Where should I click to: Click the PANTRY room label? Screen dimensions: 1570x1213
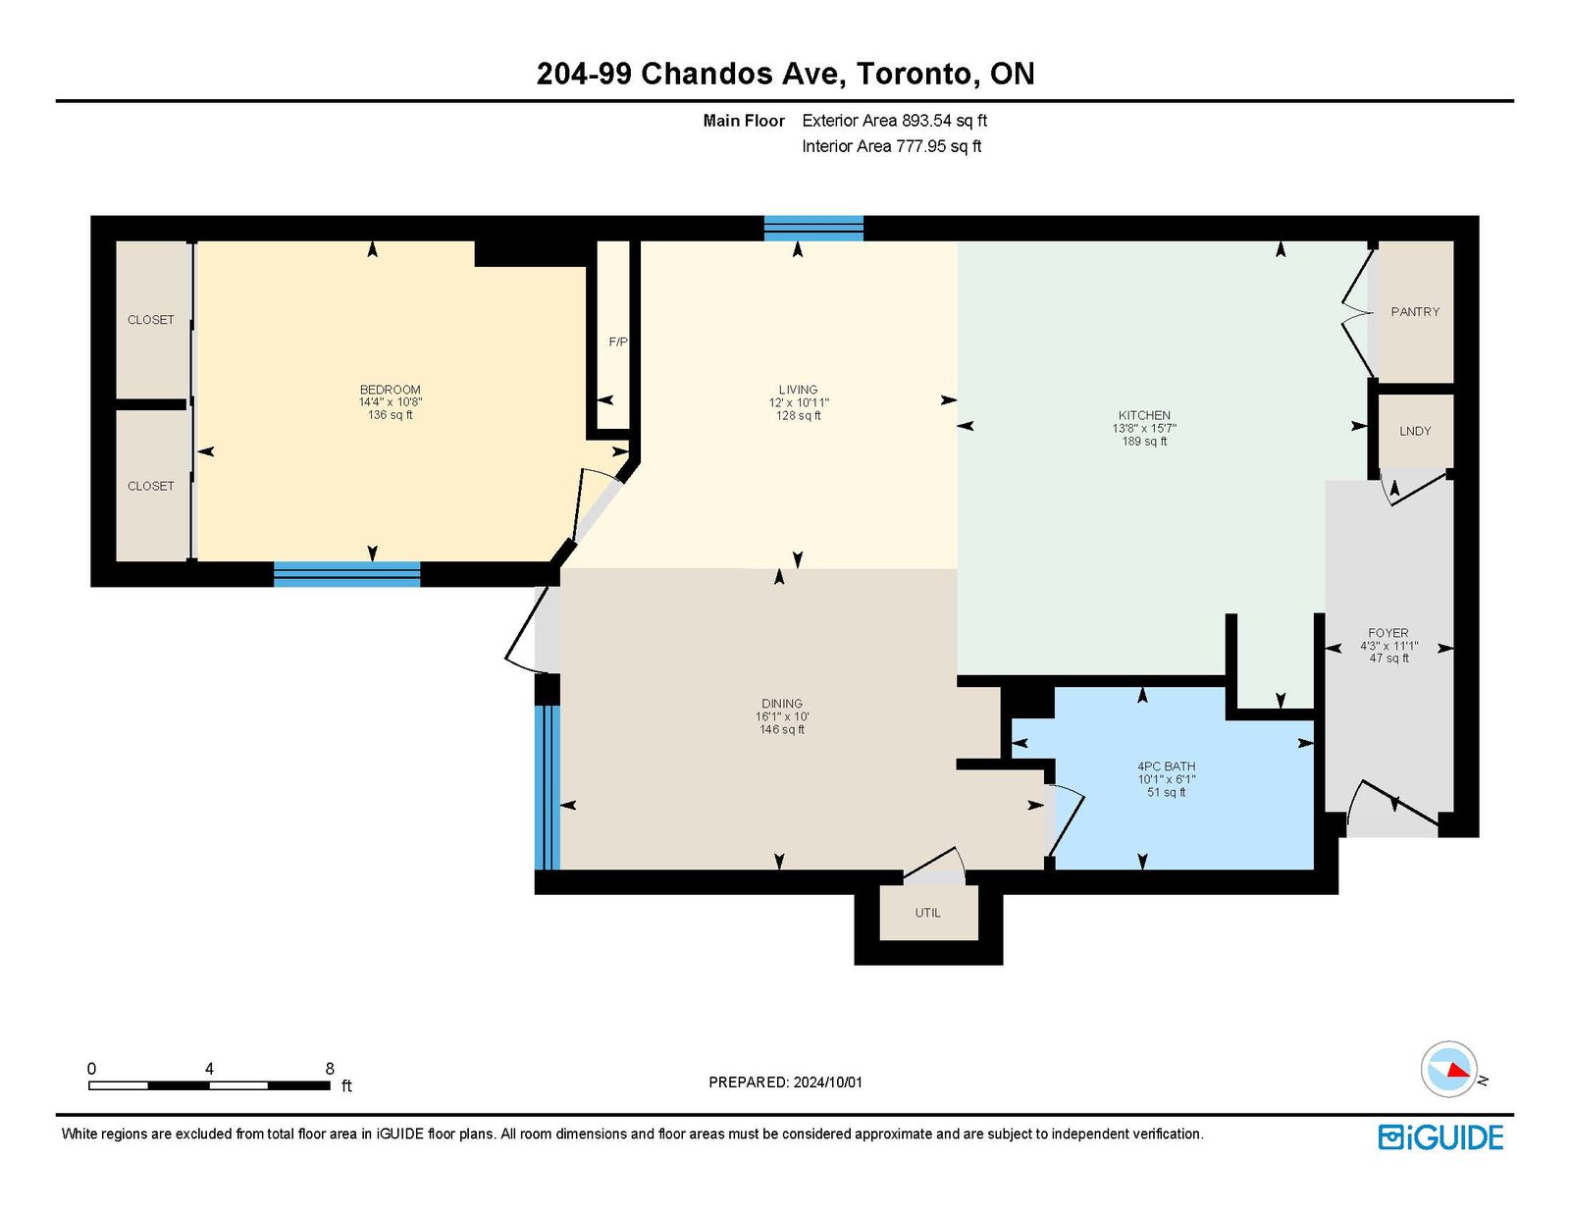1415,311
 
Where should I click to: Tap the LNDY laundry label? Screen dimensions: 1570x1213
1415,431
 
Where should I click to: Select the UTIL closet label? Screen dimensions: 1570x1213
927,913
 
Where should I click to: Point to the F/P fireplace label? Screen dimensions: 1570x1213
618,342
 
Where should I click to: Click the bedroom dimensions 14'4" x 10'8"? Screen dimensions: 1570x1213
391,402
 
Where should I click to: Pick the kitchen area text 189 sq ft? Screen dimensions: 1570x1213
1144,442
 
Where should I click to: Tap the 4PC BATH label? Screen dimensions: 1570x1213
1166,766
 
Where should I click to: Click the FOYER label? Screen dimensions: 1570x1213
1387,633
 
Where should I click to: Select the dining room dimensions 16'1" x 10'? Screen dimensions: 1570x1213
782,716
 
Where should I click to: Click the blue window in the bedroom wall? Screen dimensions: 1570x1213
346,574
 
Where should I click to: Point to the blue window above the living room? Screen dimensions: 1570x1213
813,229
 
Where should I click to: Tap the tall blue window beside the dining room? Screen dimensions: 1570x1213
547,787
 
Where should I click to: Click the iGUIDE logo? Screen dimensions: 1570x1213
1440,1137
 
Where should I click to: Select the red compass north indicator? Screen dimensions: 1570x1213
1459,1070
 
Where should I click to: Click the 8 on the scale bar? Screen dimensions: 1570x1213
330,1069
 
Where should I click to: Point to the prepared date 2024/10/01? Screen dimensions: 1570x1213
828,1082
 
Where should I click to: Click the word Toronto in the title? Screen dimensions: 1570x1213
914,74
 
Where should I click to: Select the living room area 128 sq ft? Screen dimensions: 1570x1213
799,415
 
